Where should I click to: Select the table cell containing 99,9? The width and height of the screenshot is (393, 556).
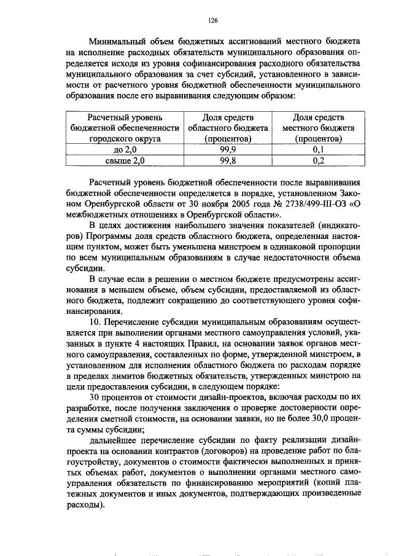(x=228, y=149)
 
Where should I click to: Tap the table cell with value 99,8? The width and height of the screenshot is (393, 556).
(x=228, y=160)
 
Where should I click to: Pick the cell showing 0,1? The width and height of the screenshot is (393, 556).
(x=318, y=149)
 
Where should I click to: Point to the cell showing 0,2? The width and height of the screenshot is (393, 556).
(x=318, y=160)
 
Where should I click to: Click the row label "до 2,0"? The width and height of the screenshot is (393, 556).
(x=125, y=149)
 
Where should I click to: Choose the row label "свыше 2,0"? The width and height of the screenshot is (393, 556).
(x=125, y=160)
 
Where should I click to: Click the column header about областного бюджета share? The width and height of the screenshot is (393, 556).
(x=228, y=128)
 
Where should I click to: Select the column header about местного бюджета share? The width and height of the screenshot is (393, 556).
(x=318, y=128)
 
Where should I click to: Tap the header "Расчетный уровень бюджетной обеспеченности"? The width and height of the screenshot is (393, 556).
(x=125, y=128)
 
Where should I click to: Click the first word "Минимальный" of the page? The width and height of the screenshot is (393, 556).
(x=116, y=41)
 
